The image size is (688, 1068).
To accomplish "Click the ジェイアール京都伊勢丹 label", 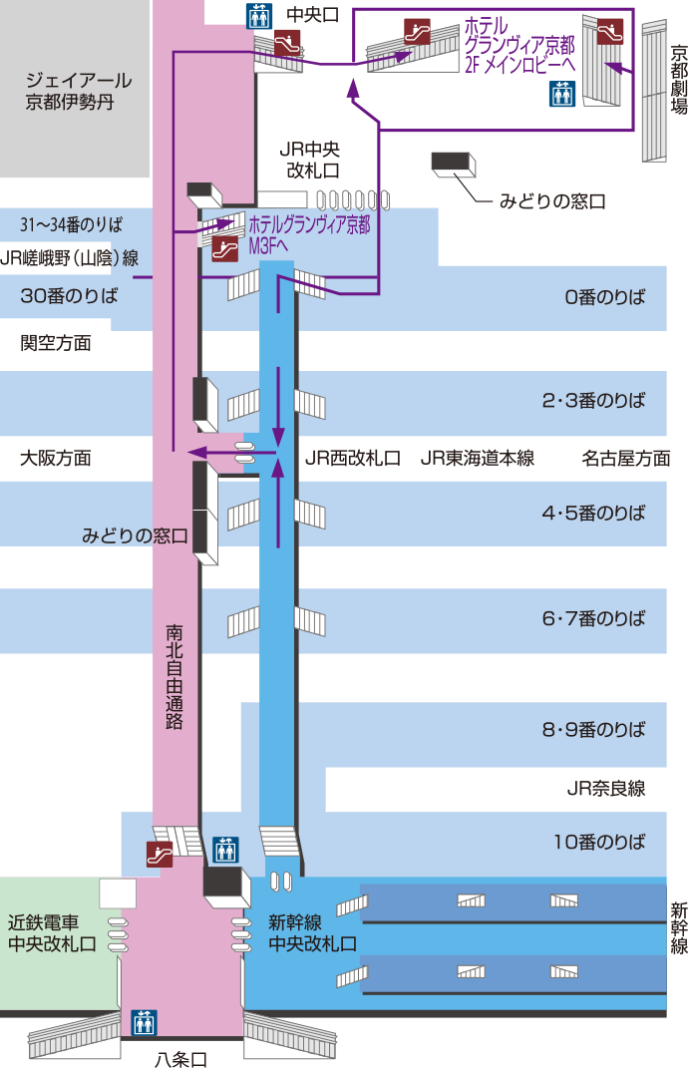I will (79, 91).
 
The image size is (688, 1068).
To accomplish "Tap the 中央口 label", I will (311, 15).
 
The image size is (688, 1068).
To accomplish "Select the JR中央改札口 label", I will (312, 160).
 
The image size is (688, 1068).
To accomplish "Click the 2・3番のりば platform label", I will (593, 401).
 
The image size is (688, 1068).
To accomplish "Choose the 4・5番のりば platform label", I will (593, 514).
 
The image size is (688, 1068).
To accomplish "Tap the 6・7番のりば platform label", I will (593, 618).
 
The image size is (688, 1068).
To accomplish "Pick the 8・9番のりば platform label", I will (593, 729).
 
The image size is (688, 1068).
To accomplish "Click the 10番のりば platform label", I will (599, 842).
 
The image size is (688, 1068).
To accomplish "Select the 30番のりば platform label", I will (69, 296).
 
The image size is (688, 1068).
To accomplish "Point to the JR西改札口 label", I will (352, 459).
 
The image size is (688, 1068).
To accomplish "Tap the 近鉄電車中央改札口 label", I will (52, 932).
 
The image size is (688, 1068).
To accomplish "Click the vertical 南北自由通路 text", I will (174, 678).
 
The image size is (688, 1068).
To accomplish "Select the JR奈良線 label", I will (605, 790).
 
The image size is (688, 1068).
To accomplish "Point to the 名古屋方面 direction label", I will (626, 459).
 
